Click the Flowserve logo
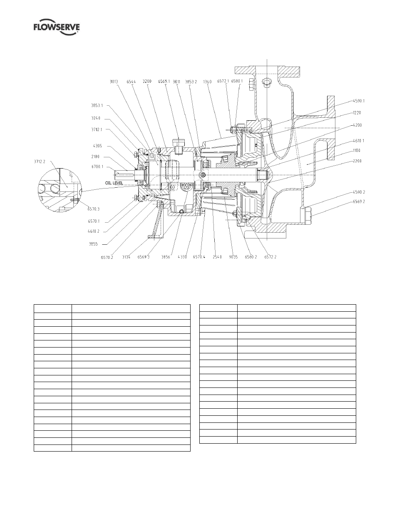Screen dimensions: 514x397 57,28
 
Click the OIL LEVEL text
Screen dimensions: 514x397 114,183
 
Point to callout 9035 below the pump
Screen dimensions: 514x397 233,257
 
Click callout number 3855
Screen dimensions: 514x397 93,244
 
